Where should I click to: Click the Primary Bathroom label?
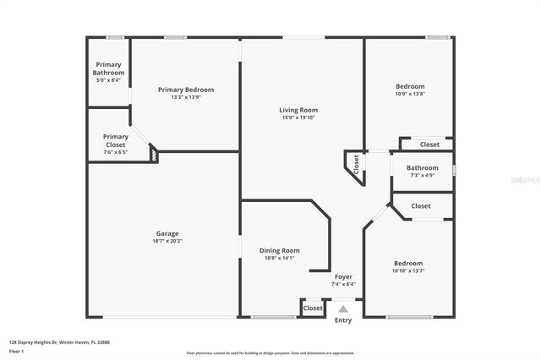coord(108,68)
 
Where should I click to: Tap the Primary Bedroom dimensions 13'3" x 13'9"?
coord(186,97)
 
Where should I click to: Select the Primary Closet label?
coord(116,140)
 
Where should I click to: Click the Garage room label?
coord(167,233)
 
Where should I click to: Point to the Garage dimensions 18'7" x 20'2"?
coord(167,242)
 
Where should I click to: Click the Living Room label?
coord(298,110)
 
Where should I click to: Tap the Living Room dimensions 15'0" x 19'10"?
coord(298,118)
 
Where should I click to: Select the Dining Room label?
coord(279,251)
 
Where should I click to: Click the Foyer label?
coord(343,276)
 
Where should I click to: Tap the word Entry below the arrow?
coord(343,320)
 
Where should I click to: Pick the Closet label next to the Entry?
coord(313,308)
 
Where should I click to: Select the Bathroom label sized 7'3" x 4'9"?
coord(422,167)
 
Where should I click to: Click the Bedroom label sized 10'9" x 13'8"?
coord(410,86)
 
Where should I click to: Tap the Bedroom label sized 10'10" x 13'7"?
coord(407,263)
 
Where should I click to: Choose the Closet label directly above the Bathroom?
coord(429,145)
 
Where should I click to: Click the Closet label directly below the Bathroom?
coord(420,206)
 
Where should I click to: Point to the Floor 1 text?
coord(16,351)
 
